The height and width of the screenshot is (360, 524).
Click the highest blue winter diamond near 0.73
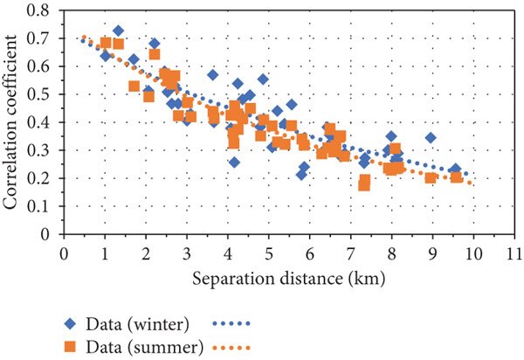pyautogui.click(x=118, y=31)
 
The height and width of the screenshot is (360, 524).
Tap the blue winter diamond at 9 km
pyautogui.click(x=431, y=138)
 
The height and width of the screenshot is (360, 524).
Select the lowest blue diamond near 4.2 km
pyautogui.click(x=234, y=163)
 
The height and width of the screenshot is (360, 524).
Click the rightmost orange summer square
pyautogui.click(x=456, y=177)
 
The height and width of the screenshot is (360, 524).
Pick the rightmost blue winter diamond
pyautogui.click(x=455, y=170)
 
